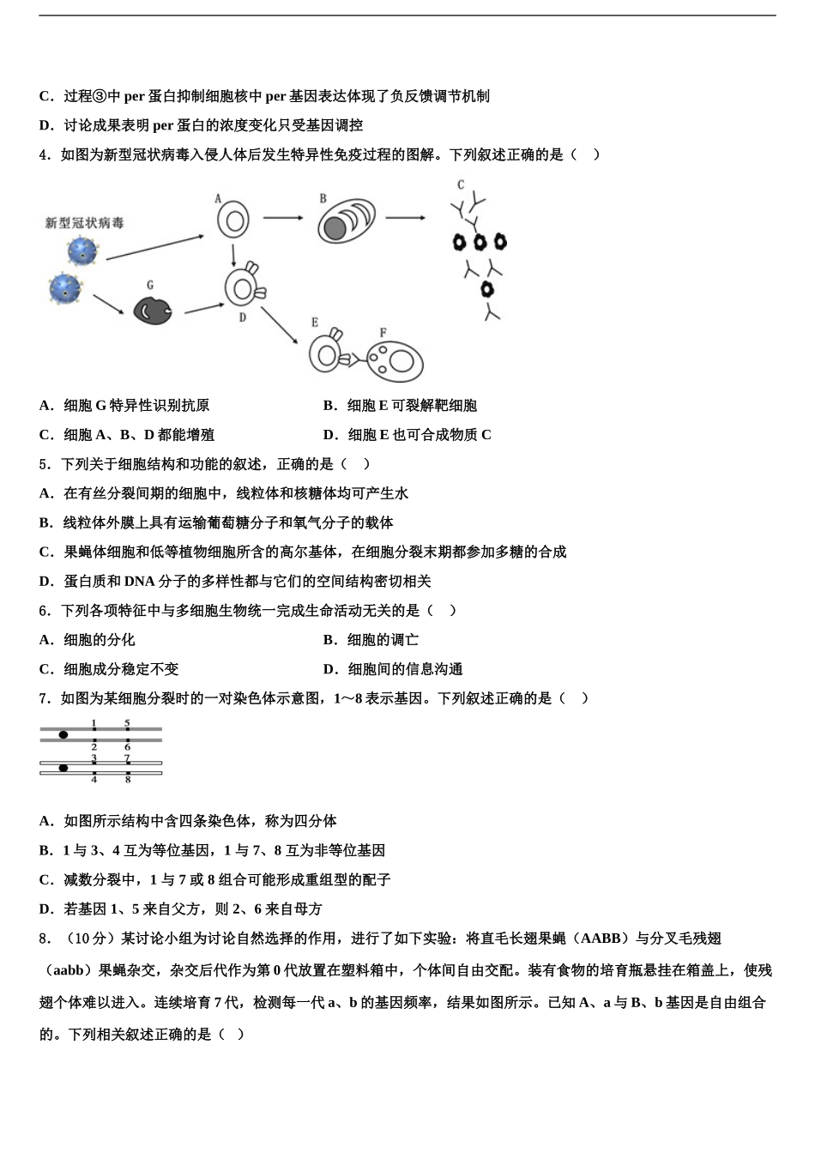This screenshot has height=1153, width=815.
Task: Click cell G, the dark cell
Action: click(x=153, y=310)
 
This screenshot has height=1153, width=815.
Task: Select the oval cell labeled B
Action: click(x=346, y=222)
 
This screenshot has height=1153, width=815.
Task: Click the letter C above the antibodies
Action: click(x=461, y=184)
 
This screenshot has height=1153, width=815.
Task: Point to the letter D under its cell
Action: click(x=243, y=317)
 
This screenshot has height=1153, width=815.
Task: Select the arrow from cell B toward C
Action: click(x=404, y=218)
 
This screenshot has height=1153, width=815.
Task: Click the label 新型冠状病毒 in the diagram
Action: click(x=85, y=223)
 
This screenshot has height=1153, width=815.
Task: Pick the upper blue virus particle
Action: click(x=83, y=251)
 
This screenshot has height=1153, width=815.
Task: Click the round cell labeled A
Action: click(x=232, y=220)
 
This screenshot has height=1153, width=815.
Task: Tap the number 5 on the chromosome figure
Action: click(x=127, y=723)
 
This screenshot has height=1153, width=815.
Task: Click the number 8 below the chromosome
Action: click(x=128, y=779)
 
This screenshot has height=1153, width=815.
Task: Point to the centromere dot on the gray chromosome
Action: click(x=63, y=735)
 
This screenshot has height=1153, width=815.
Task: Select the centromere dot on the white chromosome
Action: click(x=63, y=768)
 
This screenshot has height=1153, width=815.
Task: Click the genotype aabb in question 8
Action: click(x=69, y=971)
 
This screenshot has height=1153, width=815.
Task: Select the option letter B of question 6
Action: click(x=329, y=640)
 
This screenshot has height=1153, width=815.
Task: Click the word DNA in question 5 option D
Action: click(x=139, y=582)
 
